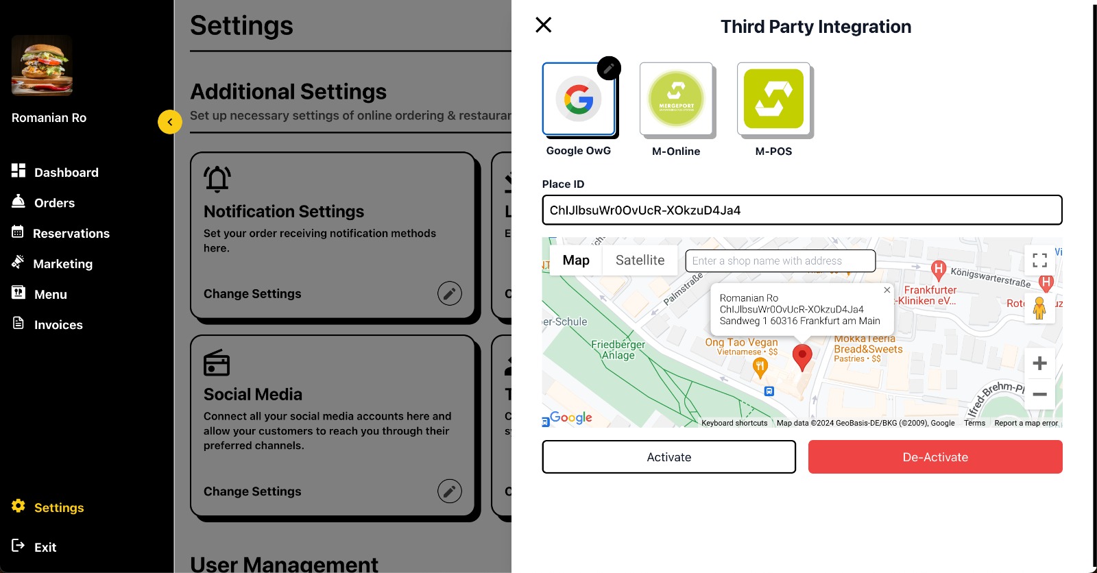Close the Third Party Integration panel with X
[544, 25]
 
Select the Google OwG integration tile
[579, 99]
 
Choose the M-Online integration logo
[676, 99]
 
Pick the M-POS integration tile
[773, 99]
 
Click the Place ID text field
[801, 210]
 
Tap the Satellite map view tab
[640, 260]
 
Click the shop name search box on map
[780, 261]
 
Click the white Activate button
[668, 457]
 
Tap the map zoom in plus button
[1039, 363]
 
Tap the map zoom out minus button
[1039, 394]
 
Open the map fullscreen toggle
[1039, 260]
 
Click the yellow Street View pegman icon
[1039, 308]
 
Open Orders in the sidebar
[54, 203]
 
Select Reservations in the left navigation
[71, 234]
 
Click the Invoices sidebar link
[58, 325]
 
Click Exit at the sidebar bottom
[45, 547]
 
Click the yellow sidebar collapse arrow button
[170, 122]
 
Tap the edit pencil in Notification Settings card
[450, 293]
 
